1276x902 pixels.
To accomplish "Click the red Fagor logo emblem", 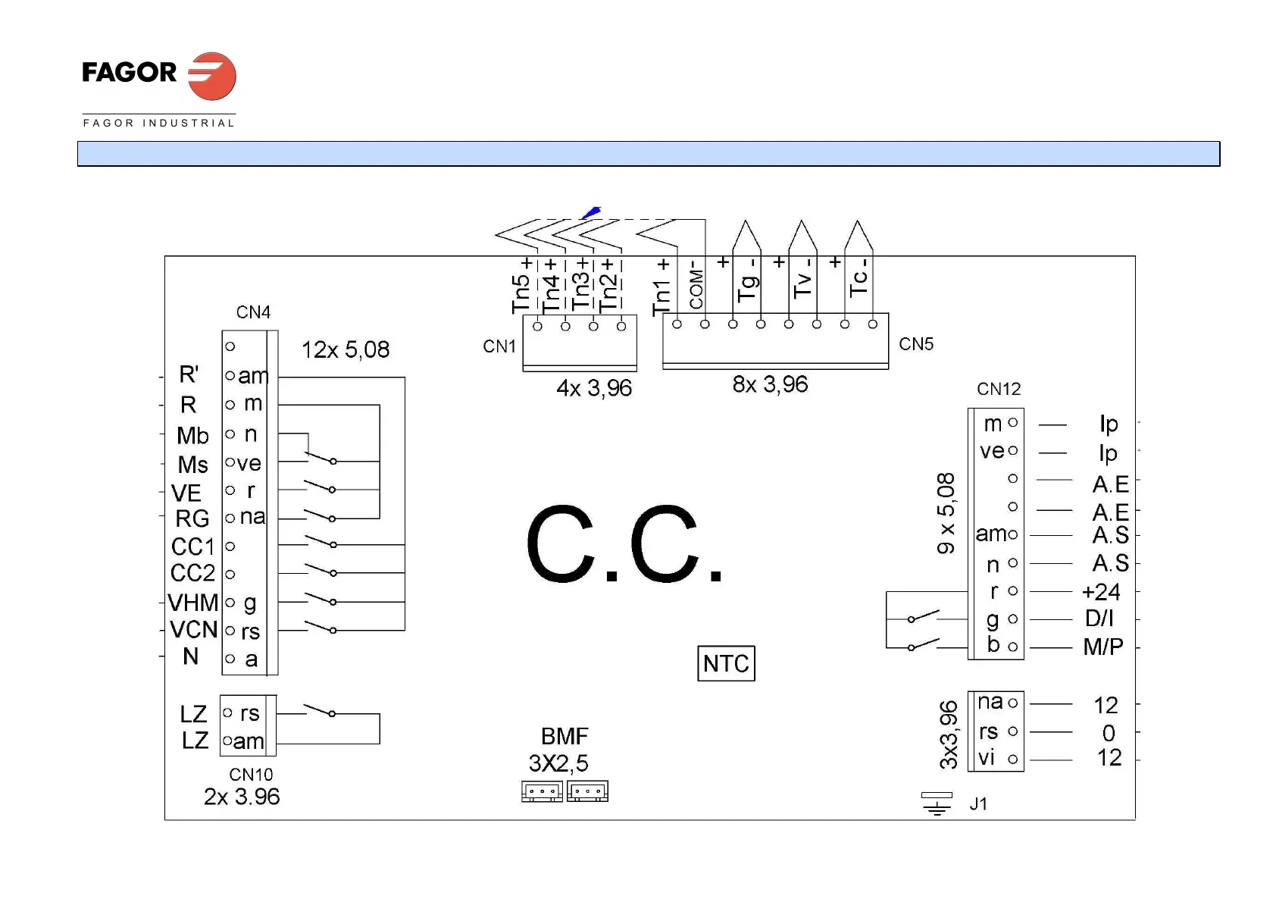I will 212,76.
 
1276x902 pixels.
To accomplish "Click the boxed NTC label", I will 726,663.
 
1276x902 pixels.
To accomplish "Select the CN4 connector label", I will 253,312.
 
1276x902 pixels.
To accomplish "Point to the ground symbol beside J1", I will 937,803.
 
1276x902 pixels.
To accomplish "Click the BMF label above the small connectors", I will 565,736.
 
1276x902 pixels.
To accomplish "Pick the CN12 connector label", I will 999,389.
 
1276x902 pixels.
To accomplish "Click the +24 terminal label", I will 1101,591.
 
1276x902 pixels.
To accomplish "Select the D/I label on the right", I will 1099,619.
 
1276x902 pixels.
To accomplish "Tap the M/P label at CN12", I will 1102,647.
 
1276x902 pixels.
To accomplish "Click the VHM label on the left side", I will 192,603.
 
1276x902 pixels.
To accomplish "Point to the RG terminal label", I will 192,518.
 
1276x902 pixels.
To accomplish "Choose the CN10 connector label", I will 251,775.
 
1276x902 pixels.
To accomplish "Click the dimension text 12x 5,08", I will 346,349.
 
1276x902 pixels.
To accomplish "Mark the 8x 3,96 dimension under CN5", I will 770,384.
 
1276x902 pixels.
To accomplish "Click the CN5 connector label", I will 916,344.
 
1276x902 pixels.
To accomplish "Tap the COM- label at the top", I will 696,284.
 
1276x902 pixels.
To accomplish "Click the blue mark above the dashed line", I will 592,212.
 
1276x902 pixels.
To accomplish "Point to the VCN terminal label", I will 193,630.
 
